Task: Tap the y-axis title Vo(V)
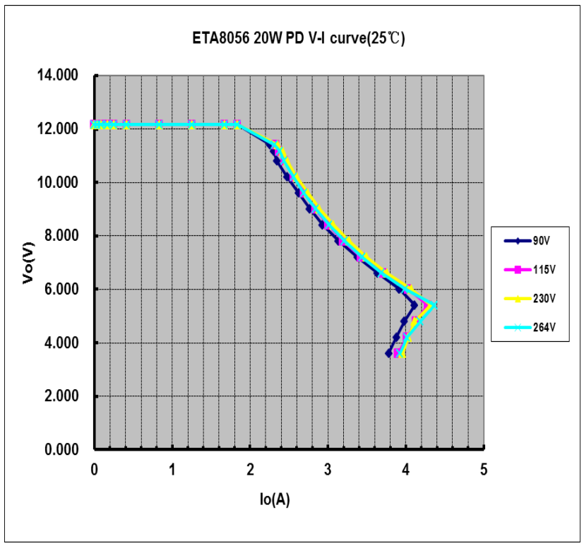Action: click(x=28, y=262)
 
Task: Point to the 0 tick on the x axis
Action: click(x=95, y=468)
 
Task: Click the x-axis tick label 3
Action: click(x=328, y=468)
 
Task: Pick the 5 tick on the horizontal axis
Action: click(x=484, y=468)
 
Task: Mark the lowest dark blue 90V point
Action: click(x=388, y=353)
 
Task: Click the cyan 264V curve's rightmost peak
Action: click(x=435, y=305)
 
